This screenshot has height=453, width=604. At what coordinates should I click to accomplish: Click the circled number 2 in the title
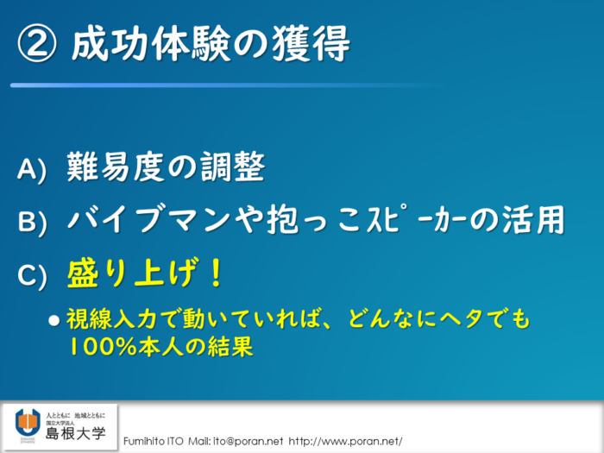point(36,44)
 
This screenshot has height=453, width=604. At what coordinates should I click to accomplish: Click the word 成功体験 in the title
point(150,43)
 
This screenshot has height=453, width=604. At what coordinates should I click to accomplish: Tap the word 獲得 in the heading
point(311,43)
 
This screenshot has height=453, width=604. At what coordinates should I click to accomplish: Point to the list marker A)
point(32,169)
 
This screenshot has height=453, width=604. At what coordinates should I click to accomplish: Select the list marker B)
point(33,222)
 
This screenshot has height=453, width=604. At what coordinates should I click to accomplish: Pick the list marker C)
point(33,274)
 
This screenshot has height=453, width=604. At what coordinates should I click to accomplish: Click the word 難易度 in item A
point(116,167)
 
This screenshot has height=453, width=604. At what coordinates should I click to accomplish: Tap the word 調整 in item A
point(232,167)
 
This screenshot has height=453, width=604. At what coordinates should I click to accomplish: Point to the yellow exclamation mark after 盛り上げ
point(216,273)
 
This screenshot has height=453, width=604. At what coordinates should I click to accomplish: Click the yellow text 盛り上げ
point(129,273)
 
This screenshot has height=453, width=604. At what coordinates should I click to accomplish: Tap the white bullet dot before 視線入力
point(54,320)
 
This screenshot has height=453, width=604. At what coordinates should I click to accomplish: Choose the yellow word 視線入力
point(111,319)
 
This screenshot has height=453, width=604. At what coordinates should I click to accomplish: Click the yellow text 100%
point(102,346)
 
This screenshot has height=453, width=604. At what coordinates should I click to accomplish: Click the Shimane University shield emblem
point(28,423)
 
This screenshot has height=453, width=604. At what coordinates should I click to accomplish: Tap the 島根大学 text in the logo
point(76,433)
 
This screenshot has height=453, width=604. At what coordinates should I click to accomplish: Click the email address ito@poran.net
point(249,441)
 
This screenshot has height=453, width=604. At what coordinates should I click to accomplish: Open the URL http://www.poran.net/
point(345,441)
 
